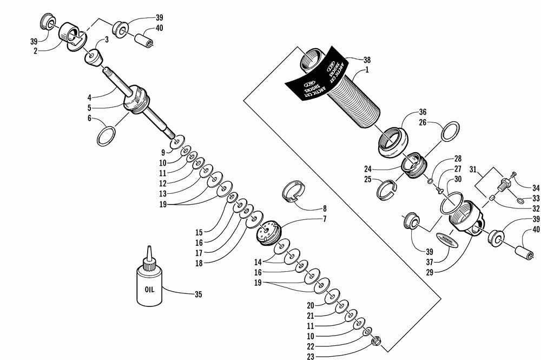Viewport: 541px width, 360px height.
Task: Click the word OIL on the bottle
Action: point(149,289)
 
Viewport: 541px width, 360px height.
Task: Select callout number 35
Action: point(198,294)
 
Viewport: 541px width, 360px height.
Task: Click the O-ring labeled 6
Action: point(106,136)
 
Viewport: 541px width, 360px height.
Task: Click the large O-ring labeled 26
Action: point(451,130)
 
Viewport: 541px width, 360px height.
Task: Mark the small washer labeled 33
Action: point(520,201)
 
